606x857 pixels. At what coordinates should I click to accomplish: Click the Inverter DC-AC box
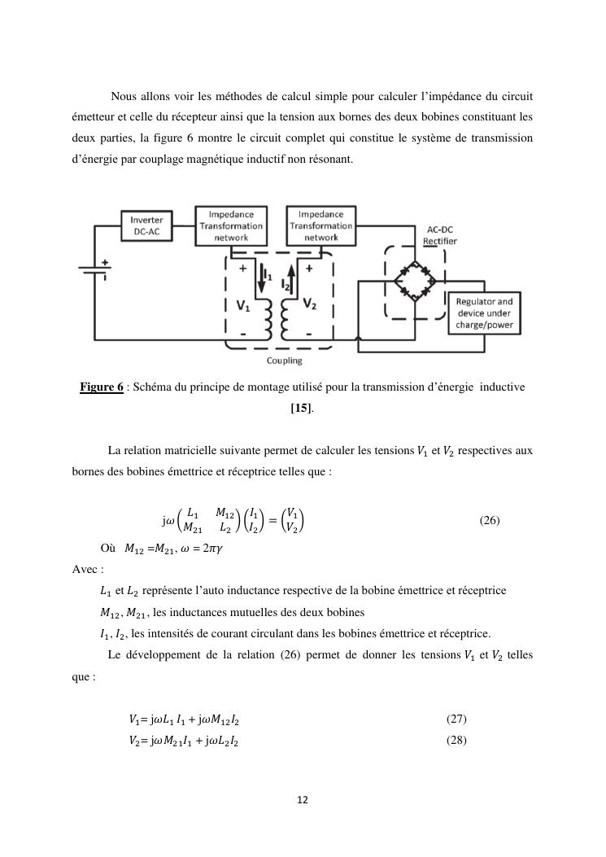pyautogui.click(x=147, y=226)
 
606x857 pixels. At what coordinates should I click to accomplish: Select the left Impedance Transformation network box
pyautogui.click(x=231, y=225)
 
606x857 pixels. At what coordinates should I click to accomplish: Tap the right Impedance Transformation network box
pyautogui.click(x=321, y=225)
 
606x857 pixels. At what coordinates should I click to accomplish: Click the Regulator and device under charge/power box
pyautogui.click(x=485, y=313)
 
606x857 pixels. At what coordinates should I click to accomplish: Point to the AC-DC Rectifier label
pyautogui.click(x=440, y=235)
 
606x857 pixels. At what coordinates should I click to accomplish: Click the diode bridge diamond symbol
pyautogui.click(x=416, y=282)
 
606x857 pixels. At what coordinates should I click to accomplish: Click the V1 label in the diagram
pyautogui.click(x=243, y=305)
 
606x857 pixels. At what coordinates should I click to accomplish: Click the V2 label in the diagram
pyautogui.click(x=310, y=304)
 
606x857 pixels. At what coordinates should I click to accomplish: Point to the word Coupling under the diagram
pyautogui.click(x=284, y=361)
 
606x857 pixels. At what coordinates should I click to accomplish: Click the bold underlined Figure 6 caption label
pyautogui.click(x=101, y=387)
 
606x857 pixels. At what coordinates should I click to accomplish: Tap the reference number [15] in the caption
pyautogui.click(x=301, y=408)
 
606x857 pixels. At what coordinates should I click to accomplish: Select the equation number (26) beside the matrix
pyautogui.click(x=489, y=521)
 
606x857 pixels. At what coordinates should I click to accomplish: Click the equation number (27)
pyautogui.click(x=456, y=719)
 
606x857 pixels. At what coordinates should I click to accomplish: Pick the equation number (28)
pyautogui.click(x=456, y=741)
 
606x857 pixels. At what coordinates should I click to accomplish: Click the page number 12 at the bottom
pyautogui.click(x=303, y=801)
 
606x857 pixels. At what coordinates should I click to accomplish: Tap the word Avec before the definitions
pyautogui.click(x=86, y=569)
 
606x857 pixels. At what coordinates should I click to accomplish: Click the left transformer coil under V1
pyautogui.click(x=268, y=320)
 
